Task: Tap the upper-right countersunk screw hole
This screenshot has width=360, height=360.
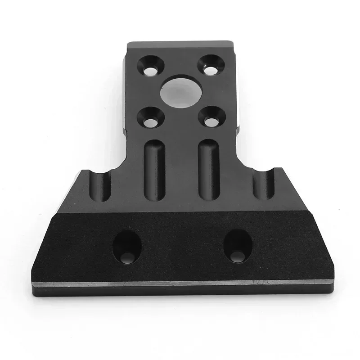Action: pos(208,64)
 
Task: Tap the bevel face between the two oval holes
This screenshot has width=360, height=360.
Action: pos(182,247)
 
